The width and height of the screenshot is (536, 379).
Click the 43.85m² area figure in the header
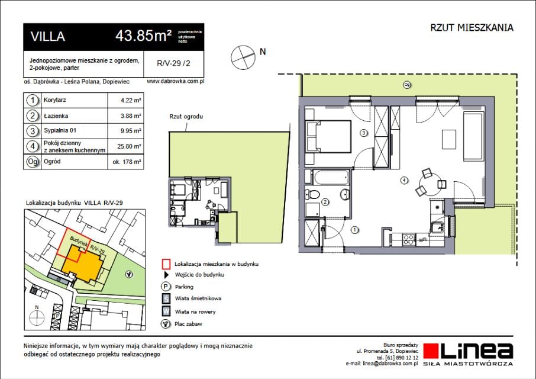click(x=144, y=36)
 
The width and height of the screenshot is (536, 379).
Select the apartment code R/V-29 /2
click(x=173, y=63)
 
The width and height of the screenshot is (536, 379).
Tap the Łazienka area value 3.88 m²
click(x=131, y=116)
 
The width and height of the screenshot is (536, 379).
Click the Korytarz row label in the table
click(x=54, y=100)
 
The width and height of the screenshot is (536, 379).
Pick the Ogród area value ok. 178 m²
click(x=127, y=162)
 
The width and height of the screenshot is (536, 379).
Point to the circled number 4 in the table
click(x=33, y=146)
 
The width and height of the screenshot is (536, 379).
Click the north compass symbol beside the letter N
click(x=243, y=57)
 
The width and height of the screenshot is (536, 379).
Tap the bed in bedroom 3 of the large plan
click(x=328, y=136)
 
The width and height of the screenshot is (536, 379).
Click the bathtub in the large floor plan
click(x=331, y=178)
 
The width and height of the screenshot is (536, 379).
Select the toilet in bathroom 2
click(x=312, y=194)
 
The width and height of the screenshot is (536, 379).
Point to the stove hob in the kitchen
click(x=408, y=239)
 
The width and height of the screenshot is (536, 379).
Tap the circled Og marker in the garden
click(x=407, y=85)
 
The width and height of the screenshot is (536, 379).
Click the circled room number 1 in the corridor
click(x=355, y=230)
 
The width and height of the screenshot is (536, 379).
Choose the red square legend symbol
click(x=166, y=264)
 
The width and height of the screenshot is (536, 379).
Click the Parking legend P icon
click(x=166, y=287)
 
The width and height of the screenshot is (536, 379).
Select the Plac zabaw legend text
click(x=188, y=324)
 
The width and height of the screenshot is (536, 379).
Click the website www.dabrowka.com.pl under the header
click(x=175, y=81)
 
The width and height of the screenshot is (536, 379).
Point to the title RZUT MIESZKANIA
click(x=472, y=28)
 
